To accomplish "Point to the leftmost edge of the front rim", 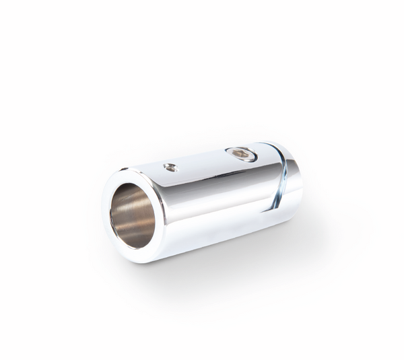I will click(x=104, y=214).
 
